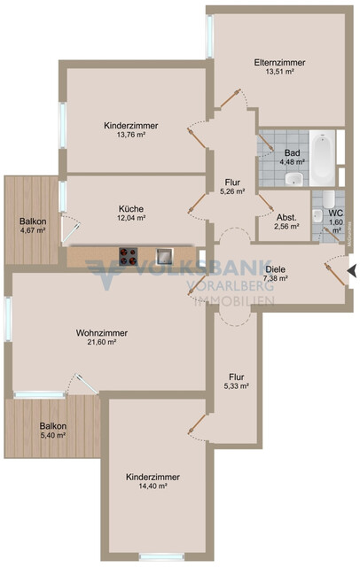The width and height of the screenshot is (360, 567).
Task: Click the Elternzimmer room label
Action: point(279,63)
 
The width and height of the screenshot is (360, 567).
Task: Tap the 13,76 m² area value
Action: point(130,135)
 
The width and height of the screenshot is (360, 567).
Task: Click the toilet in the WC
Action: point(328,200)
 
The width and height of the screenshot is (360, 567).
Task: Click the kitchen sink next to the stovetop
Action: point(163,256)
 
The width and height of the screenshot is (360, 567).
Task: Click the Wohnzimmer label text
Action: point(102,332)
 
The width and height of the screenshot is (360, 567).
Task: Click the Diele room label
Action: point(275,268)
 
